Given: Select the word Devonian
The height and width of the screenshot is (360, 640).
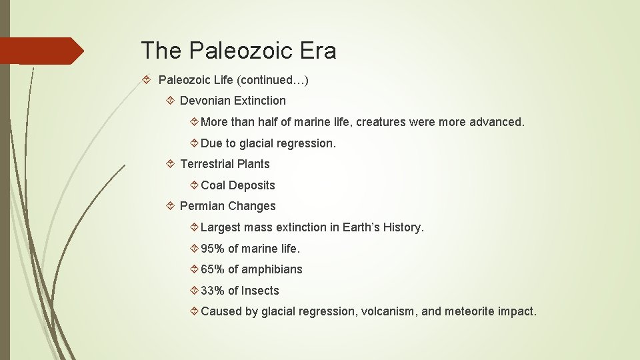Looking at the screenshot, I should point(206,101).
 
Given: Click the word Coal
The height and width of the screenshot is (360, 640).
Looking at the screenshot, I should point(213,185).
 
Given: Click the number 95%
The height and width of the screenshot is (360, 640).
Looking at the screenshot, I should point(213,249).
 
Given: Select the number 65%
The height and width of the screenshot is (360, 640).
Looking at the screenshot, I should point(213,269).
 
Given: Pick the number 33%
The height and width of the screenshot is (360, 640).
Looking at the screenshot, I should point(213,291).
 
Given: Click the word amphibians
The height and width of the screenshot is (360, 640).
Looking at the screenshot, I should point(272,269).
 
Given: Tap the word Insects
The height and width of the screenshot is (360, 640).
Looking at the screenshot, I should point(261,291).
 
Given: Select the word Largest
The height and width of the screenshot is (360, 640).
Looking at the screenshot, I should point(221,227).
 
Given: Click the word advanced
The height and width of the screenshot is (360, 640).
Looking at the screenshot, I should point(497,122).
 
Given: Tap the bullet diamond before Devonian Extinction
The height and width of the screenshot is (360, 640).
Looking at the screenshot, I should point(171,101).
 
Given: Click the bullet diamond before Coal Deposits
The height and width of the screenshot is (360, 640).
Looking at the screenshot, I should point(193,185).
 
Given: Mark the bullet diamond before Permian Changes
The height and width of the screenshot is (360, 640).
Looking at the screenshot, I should point(171,206).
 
